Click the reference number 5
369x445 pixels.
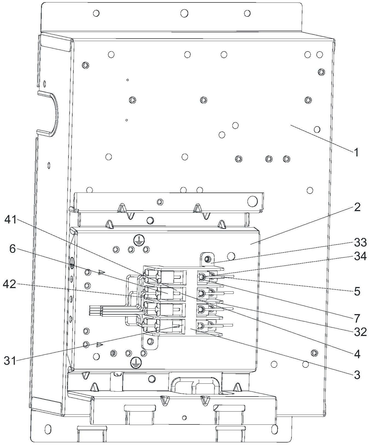click(x=357, y=292)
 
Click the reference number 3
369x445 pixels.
click(x=357, y=375)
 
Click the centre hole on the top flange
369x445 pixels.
click(x=184, y=13)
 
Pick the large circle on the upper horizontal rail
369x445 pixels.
click(x=252, y=201)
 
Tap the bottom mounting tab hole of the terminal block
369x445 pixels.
click(x=150, y=341)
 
